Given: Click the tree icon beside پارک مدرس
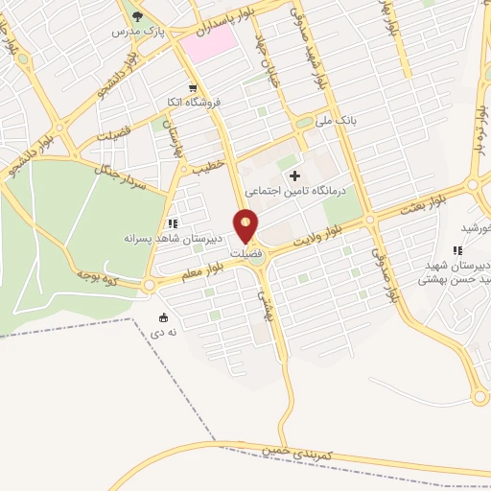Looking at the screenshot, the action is tap(136, 15).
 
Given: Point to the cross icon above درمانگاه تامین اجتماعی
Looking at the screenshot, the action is tap(294, 175).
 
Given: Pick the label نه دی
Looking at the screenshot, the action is tap(156, 333).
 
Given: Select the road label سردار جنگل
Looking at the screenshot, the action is tap(120, 176).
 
